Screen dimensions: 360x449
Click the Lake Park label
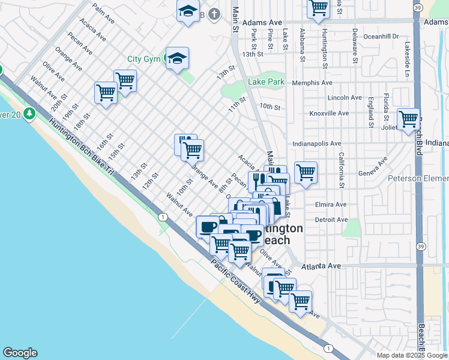click(267, 82)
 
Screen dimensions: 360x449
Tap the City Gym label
click(144, 59)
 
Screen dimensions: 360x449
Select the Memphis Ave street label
click(312, 83)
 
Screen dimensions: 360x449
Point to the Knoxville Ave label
click(329, 113)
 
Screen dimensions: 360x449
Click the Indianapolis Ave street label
click(317, 144)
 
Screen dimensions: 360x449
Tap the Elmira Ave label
click(331, 204)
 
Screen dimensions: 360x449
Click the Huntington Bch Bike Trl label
click(82, 145)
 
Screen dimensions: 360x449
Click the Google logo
click(20, 353)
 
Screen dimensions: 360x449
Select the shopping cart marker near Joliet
click(408, 118)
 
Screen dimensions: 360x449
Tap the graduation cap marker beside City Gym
click(177, 58)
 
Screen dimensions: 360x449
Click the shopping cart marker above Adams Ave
click(318, 8)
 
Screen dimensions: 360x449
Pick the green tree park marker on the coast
click(29, 113)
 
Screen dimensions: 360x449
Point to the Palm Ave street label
click(104, 12)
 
